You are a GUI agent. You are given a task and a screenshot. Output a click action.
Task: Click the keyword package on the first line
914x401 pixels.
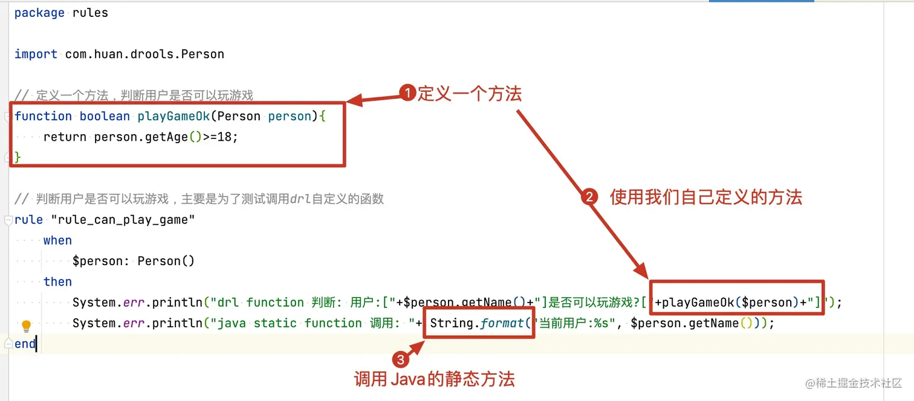tap(39, 13)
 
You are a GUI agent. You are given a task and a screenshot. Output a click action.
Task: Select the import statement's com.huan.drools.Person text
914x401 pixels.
tap(144, 54)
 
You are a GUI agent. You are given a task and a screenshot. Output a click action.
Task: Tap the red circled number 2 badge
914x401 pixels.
tap(589, 197)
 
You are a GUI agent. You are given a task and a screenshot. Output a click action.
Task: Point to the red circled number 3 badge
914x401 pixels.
tap(400, 360)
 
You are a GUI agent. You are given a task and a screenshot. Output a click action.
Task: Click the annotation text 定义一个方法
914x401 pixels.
tap(469, 93)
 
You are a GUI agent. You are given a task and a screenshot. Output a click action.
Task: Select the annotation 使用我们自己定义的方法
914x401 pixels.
tap(705, 197)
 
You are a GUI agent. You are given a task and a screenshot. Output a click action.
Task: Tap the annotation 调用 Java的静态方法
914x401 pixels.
tap(434, 379)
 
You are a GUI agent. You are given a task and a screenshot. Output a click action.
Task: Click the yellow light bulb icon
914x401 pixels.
tap(26, 326)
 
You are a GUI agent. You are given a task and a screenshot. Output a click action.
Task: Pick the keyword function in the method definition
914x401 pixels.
tap(43, 116)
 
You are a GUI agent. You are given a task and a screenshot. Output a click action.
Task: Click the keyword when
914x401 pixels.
tap(57, 240)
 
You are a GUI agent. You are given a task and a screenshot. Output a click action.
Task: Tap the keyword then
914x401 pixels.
tap(57, 281)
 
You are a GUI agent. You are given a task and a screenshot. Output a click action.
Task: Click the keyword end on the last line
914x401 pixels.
tap(25, 344)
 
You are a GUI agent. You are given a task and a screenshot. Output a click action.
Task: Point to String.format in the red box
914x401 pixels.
tap(477, 323)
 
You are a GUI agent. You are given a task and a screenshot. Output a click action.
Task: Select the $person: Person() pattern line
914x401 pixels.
tap(133, 261)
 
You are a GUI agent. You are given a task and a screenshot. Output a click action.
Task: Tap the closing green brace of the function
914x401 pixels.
tap(18, 156)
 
